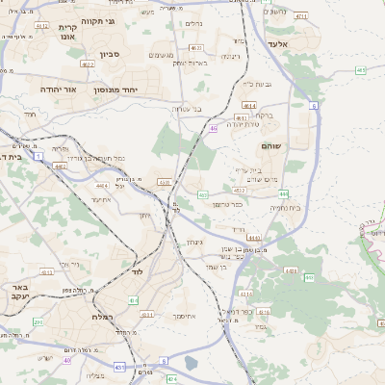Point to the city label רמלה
click(106, 317)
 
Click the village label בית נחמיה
click(286, 208)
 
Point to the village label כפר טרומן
click(228, 203)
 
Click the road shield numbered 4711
click(300, 17)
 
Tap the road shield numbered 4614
click(249, 105)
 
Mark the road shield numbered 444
click(252, 238)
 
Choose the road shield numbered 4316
click(263, 313)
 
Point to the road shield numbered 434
click(134, 301)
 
